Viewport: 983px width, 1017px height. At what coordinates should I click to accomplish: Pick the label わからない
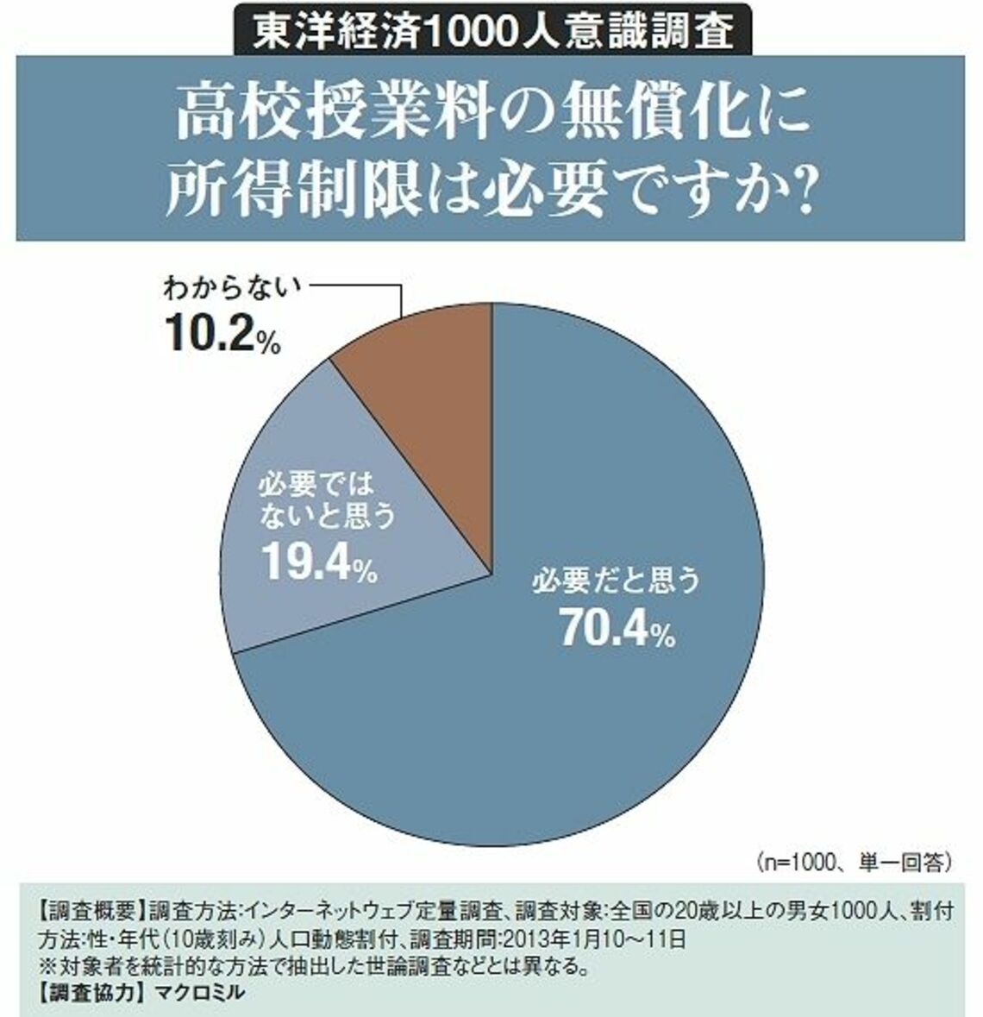point(229,289)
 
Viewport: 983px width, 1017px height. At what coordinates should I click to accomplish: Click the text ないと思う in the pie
point(325,516)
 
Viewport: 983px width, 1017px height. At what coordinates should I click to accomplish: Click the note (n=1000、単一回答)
point(854,860)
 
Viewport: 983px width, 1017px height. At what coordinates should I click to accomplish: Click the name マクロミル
point(198,993)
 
